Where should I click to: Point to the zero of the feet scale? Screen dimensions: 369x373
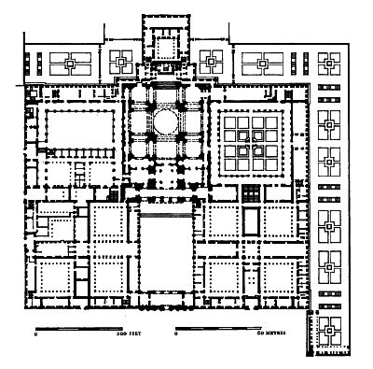35,334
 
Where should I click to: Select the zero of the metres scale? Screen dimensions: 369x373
177,334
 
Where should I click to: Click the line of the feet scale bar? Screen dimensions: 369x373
83,328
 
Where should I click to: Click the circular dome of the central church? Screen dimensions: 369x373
163,121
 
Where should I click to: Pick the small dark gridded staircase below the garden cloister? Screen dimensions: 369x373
249,192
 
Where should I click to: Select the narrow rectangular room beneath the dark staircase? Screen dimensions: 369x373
249,220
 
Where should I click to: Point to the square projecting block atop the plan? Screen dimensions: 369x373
164,43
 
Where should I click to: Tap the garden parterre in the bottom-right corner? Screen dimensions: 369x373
329,332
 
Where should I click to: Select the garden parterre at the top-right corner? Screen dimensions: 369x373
329,64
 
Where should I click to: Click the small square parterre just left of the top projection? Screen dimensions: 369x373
122,63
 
